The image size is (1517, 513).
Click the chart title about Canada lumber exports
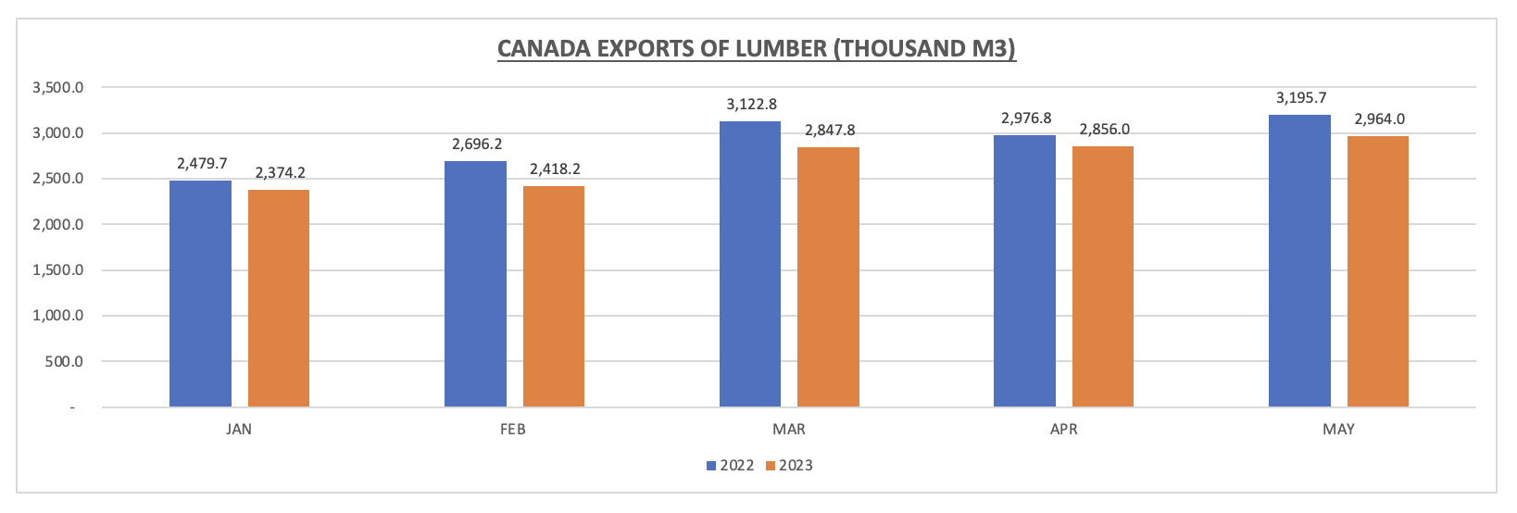(757, 48)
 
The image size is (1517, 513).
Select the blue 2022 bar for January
(200, 294)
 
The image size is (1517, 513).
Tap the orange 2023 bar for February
(554, 296)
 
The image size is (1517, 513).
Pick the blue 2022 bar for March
(750, 264)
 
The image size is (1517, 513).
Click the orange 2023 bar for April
(1103, 276)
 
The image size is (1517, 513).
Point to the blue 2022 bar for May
(1299, 260)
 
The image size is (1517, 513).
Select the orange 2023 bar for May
(1378, 271)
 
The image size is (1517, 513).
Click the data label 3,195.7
(1301, 97)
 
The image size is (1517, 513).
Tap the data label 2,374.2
(280, 172)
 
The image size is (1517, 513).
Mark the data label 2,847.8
(829, 130)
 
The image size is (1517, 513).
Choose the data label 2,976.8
(1026, 119)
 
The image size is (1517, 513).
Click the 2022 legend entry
(731, 465)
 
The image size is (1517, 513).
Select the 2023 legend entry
(789, 465)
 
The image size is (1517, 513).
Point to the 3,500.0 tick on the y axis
(57, 88)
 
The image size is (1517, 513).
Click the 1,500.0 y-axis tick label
(57, 270)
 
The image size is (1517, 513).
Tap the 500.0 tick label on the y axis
(64, 361)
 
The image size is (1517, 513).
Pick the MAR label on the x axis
(789, 430)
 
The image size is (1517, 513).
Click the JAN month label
(238, 430)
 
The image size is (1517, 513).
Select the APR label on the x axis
(1064, 430)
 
